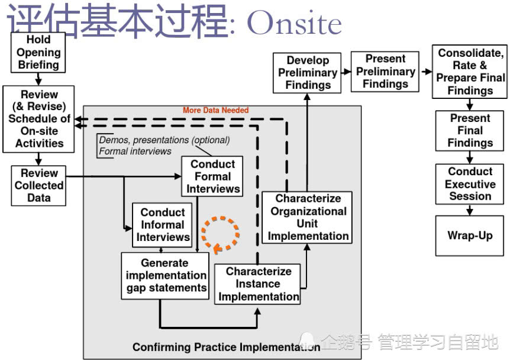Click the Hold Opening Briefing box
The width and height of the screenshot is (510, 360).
[x=38, y=52]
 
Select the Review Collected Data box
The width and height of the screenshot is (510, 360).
[x=38, y=185]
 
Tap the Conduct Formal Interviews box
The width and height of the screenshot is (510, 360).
[x=213, y=176]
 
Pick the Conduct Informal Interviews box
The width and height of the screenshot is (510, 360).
[x=162, y=225]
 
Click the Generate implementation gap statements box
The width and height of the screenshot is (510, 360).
[x=165, y=275]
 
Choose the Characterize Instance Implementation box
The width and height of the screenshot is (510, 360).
[x=258, y=284]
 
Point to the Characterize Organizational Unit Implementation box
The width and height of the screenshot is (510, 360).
[x=308, y=217]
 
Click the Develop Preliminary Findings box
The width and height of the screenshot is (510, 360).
[x=308, y=73]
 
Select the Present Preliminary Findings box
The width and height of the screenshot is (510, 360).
[x=385, y=72]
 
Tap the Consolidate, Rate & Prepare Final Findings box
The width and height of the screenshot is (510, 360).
[x=470, y=72]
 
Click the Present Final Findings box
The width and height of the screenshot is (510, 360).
[x=470, y=130]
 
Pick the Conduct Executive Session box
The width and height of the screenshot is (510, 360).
[x=470, y=184]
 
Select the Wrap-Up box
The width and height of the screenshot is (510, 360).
[x=470, y=236]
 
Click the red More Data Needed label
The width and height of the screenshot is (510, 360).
[x=215, y=110]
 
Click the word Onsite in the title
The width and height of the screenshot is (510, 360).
[x=294, y=24]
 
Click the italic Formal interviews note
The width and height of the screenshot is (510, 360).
[x=135, y=151]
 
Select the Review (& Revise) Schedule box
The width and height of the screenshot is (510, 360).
[x=38, y=118]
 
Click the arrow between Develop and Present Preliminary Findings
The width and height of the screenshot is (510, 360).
[x=347, y=72]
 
